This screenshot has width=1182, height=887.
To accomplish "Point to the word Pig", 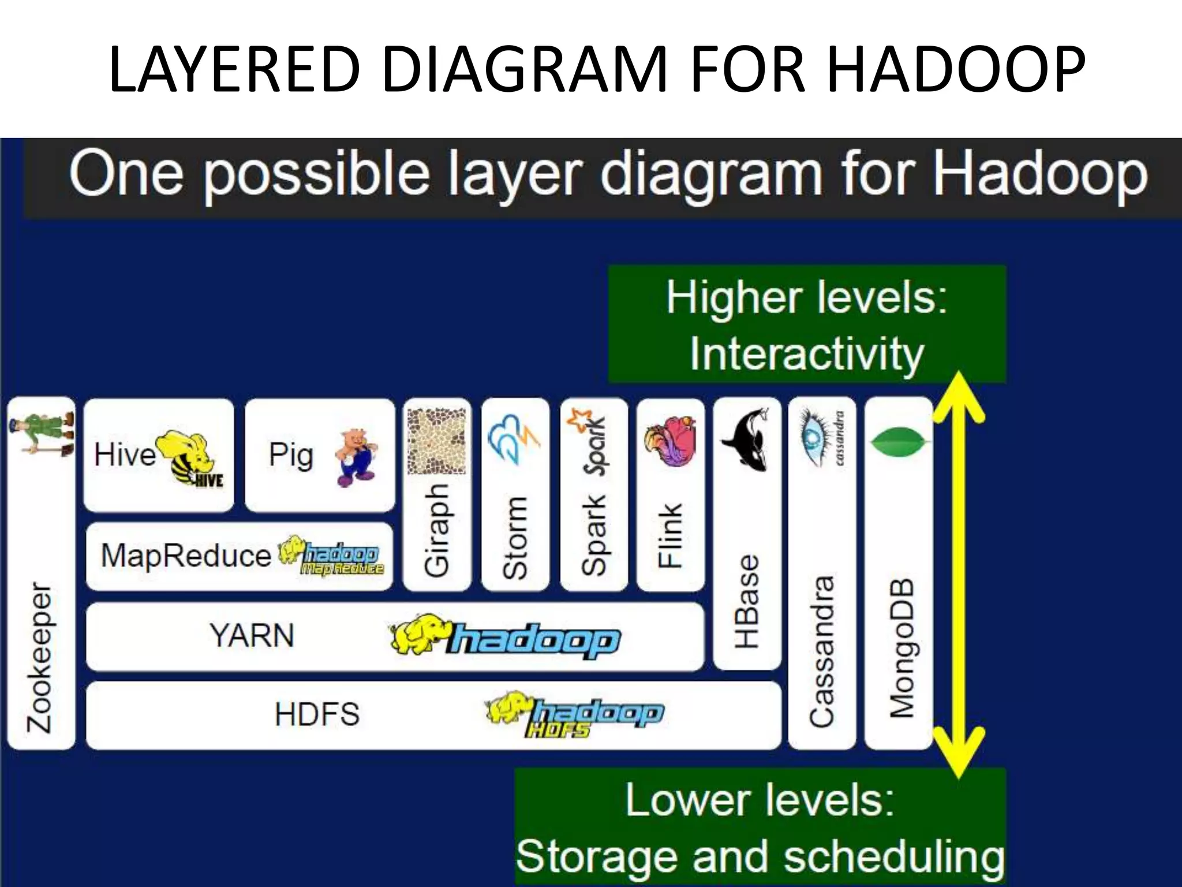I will click(x=291, y=455).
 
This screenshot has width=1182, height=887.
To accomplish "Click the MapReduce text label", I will click(x=186, y=556).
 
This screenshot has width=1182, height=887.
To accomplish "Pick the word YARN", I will click(x=252, y=636).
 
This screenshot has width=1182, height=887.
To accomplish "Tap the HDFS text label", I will click(x=317, y=714).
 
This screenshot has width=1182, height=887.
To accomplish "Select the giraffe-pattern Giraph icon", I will click(x=436, y=442).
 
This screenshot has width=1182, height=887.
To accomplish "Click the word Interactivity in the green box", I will click(x=807, y=353).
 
